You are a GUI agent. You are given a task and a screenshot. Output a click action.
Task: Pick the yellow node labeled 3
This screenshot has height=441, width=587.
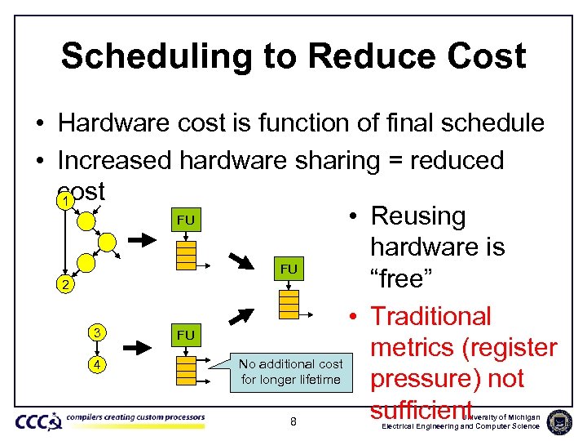pyautogui.click(x=97, y=332)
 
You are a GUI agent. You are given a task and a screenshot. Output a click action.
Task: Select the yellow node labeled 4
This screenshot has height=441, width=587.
pyautogui.click(x=97, y=364)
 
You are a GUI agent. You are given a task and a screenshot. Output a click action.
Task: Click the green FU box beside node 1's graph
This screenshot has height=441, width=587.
pyautogui.click(x=186, y=220)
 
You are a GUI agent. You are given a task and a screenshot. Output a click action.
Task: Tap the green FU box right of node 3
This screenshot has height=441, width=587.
pyautogui.click(x=186, y=335)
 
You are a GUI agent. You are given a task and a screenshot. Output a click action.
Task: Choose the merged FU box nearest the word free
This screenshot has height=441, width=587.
pyautogui.click(x=289, y=269)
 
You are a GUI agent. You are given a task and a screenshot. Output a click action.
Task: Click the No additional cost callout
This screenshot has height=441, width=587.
pyautogui.click(x=290, y=372)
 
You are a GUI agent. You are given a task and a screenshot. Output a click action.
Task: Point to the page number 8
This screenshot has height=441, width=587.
pyautogui.click(x=293, y=421)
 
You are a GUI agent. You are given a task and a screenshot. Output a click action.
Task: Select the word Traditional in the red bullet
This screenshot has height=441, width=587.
pyautogui.click(x=430, y=316)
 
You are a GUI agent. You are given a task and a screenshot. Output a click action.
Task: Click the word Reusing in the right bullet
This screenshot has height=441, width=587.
pyautogui.click(x=417, y=216)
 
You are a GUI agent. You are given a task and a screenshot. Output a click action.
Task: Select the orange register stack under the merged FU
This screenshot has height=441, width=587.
pyautogui.click(x=289, y=302)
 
